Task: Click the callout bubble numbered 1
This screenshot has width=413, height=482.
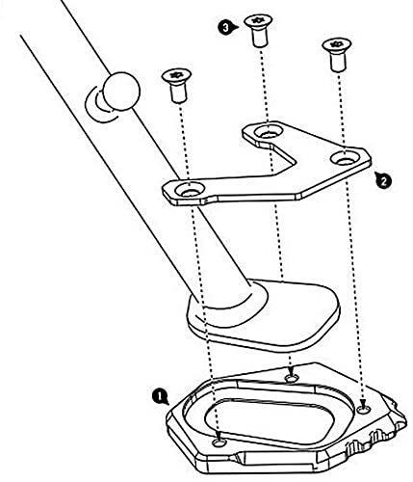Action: (159, 396)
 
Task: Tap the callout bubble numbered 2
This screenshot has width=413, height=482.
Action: (383, 180)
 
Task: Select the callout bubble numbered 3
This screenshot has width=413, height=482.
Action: (226, 28)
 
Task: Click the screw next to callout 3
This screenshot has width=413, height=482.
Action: (259, 31)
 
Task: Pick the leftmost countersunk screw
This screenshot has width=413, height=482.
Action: (177, 85)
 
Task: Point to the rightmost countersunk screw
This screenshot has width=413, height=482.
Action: (337, 54)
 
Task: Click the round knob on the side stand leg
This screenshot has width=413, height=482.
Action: (121, 92)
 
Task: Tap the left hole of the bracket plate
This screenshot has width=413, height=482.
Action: (191, 190)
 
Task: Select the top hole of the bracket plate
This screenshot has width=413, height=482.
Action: (269, 131)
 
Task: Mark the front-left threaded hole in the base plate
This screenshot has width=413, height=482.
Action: (219, 443)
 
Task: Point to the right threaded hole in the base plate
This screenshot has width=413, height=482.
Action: (364, 409)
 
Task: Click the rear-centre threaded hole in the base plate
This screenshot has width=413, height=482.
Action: (292, 378)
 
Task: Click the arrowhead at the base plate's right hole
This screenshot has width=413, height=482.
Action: (364, 403)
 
